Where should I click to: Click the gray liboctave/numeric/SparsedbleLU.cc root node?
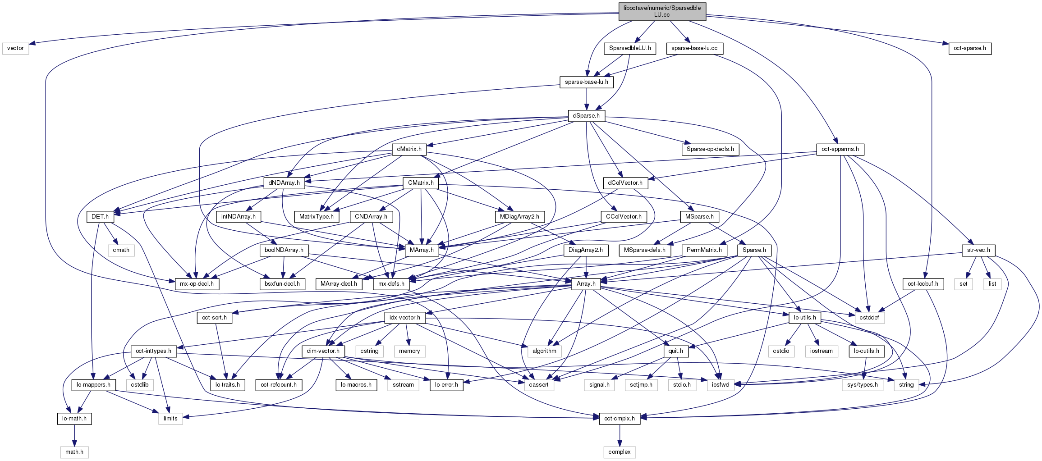point(662,11)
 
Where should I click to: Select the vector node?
point(15,48)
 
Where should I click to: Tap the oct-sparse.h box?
point(969,48)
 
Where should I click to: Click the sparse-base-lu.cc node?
point(694,48)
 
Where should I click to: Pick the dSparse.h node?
point(586,116)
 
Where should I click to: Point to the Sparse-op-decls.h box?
point(710,149)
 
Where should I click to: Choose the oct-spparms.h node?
point(840,149)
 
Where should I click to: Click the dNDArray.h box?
point(284,183)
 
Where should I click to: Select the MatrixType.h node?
point(317,217)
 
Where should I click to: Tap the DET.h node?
point(100,217)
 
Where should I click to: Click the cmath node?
point(121,250)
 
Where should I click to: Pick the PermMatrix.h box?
point(704,250)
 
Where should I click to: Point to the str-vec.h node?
point(978,250)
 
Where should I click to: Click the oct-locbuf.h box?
point(923,284)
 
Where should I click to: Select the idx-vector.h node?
point(405,318)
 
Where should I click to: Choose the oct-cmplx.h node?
point(620,419)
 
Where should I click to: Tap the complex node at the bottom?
point(620,452)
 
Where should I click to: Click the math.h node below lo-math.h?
point(74,452)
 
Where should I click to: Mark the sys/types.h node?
point(862,385)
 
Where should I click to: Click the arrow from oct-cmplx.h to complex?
point(620,435)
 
